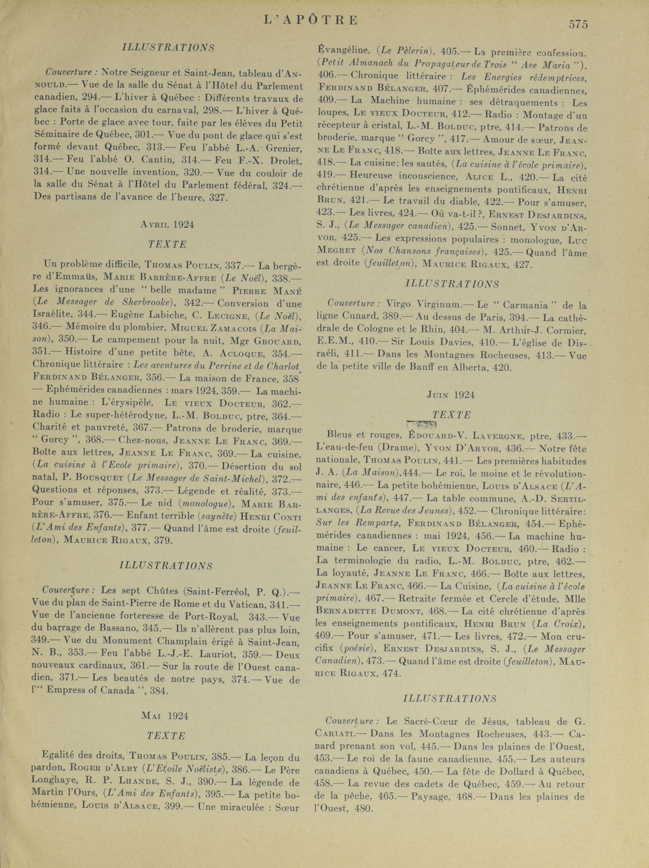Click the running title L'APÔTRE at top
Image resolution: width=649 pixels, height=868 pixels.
click(x=311, y=20)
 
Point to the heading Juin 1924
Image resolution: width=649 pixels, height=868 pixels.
click(x=451, y=395)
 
